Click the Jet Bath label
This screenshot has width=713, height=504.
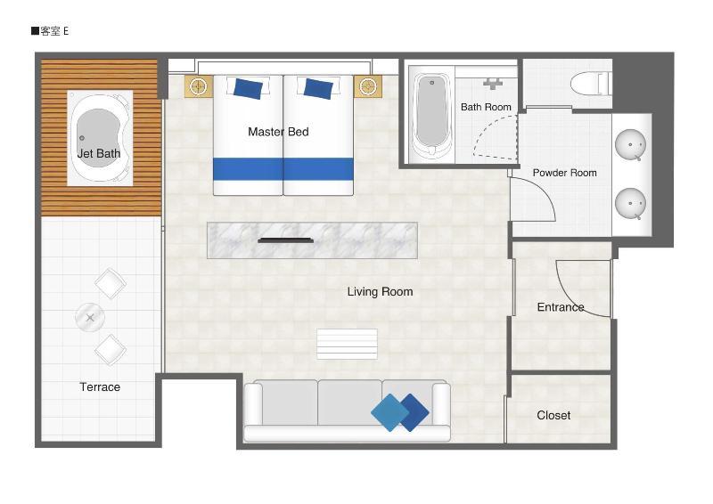click(x=99, y=154)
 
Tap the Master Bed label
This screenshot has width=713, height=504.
click(x=278, y=132)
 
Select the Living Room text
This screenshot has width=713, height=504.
click(x=381, y=292)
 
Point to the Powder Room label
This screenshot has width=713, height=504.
click(x=565, y=173)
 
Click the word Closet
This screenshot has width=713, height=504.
click(x=553, y=415)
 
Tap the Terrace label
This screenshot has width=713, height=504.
click(x=100, y=387)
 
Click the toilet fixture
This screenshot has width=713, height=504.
click(x=590, y=84)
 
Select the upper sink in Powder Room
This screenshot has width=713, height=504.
click(x=630, y=144)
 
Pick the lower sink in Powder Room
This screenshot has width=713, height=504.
click(x=630, y=204)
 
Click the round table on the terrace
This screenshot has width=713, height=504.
click(x=90, y=317)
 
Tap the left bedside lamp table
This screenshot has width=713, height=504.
click(x=199, y=85)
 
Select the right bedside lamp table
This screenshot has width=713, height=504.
click(x=368, y=85)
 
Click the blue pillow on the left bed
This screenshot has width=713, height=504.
click(x=248, y=89)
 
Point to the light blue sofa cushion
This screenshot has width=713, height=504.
click(x=390, y=412)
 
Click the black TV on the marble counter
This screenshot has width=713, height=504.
click(x=285, y=240)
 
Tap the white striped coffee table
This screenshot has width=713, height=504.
click(x=347, y=344)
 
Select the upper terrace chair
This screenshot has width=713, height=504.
click(x=111, y=283)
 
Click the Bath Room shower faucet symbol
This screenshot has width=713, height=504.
click(x=493, y=84)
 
